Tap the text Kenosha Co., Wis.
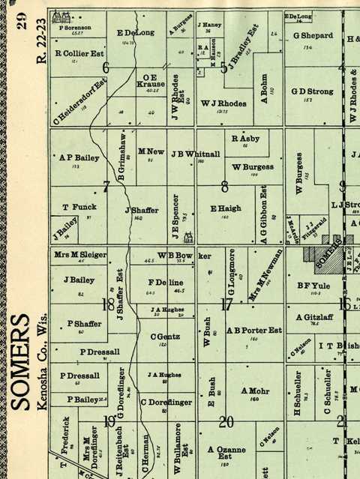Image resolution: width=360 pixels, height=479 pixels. (43, 361)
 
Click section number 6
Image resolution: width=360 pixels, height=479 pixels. (106, 67)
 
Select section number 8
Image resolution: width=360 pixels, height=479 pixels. (224, 187)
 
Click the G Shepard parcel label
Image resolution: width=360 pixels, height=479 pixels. (313, 35)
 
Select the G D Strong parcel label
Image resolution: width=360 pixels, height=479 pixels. (312, 91)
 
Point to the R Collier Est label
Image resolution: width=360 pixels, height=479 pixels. (79, 53)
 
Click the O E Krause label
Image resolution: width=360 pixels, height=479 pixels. (150, 81)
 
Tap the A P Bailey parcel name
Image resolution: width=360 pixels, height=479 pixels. (79, 158)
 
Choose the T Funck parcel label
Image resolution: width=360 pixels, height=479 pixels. (74, 207)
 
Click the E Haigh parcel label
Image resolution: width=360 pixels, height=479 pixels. (224, 208)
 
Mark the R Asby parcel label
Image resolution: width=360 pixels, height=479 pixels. (245, 139)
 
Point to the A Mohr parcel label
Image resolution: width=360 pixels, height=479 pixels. (254, 391)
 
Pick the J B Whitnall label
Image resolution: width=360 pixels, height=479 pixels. (196, 154)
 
